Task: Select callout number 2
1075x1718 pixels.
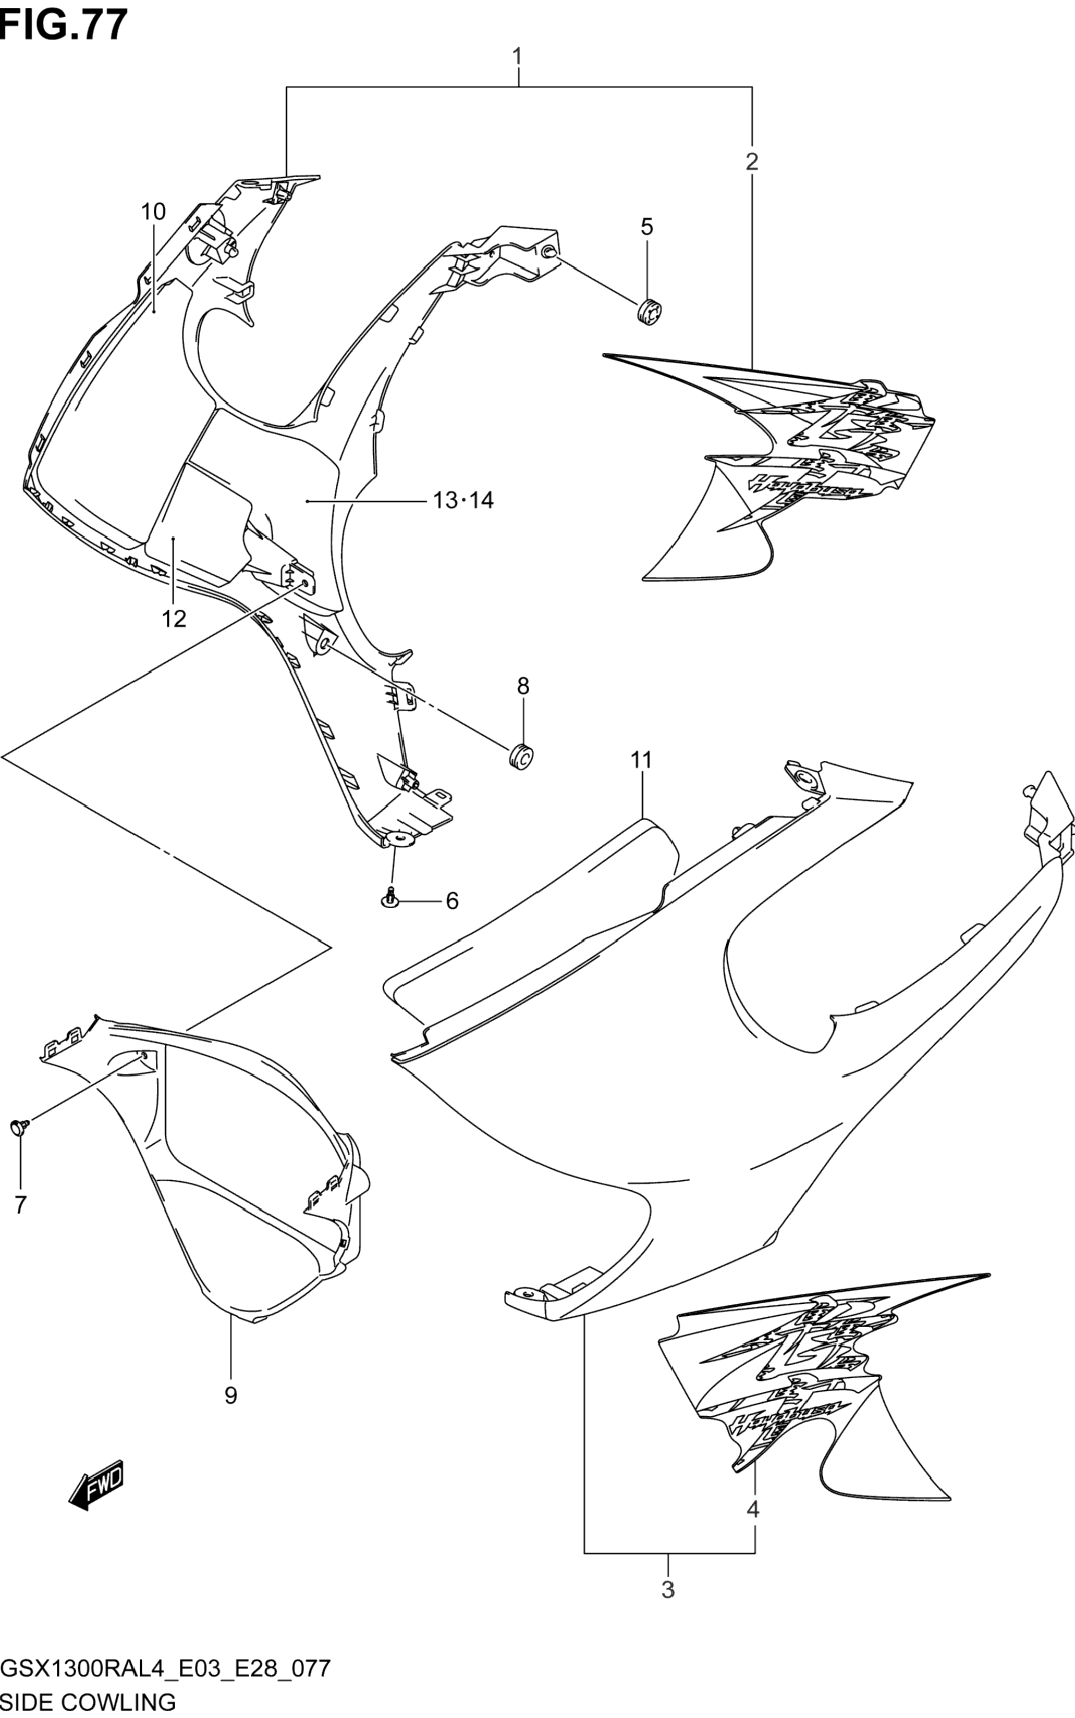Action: tap(751, 162)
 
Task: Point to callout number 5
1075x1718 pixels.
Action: tap(646, 227)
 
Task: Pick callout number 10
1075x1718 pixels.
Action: tap(153, 212)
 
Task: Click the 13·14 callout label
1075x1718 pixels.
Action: tap(463, 501)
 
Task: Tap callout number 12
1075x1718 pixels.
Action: tap(174, 619)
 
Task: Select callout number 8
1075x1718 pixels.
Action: tap(523, 686)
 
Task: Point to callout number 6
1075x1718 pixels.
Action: tap(452, 901)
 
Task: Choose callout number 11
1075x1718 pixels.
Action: tap(641, 760)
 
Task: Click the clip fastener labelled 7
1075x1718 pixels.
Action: tap(19, 1128)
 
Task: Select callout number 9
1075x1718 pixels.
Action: tap(230, 1395)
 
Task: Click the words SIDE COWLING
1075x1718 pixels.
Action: tap(88, 1702)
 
